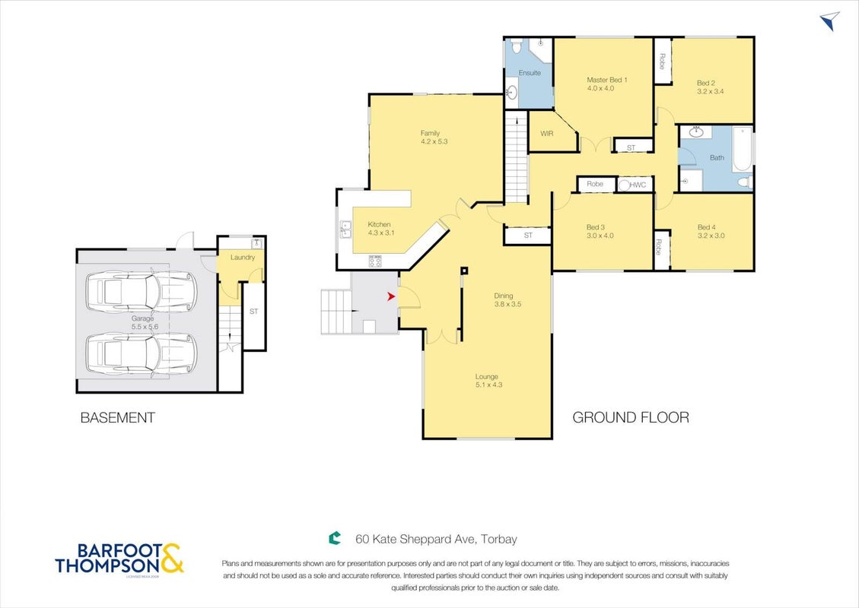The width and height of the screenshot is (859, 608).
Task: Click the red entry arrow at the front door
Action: [x=391, y=296]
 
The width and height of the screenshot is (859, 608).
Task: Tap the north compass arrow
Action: [x=830, y=21]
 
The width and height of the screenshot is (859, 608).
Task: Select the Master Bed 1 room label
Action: [x=607, y=80]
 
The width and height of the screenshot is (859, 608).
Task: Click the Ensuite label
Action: [x=530, y=73]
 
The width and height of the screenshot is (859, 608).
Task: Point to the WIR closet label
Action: [x=547, y=134]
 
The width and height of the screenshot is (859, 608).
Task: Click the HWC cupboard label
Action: [x=638, y=185]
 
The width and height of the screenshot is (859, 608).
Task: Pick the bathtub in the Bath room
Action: [x=743, y=149]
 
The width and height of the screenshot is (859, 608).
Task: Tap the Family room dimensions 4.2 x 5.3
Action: [x=434, y=141]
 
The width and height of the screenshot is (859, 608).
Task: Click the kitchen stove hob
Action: [x=375, y=261]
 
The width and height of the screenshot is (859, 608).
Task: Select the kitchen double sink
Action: [x=345, y=230]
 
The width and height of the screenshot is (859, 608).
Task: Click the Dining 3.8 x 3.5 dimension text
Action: [x=507, y=304]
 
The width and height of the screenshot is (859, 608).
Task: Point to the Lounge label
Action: [x=486, y=376]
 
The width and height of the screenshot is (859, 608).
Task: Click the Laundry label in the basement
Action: [x=243, y=257]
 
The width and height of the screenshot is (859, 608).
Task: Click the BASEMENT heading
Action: [x=118, y=417]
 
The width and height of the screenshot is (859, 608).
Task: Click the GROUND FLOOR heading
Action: [x=631, y=417]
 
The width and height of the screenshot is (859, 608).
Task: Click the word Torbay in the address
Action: [x=500, y=539]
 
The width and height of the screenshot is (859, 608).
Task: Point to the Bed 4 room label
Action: [x=707, y=227]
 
